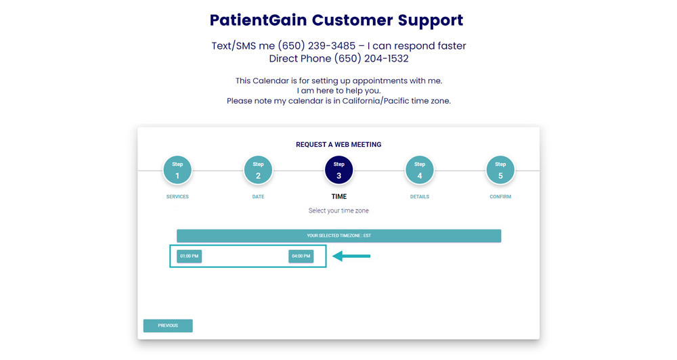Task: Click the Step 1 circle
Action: tap(177, 171)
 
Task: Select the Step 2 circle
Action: tap(258, 171)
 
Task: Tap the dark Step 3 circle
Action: tap(338, 171)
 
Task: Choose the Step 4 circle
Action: tap(420, 171)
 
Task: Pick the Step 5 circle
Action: tap(500, 171)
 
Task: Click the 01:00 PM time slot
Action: tap(190, 256)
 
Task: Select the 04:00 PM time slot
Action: tap(301, 256)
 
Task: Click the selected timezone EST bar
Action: tap(338, 235)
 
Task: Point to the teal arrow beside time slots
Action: tap(351, 256)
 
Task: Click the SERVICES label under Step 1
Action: tap(177, 197)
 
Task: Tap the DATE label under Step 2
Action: tap(258, 197)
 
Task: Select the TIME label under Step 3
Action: tap(338, 197)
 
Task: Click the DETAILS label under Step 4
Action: tap(420, 197)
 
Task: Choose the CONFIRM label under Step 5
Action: tap(500, 197)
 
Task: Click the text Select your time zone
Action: tap(338, 210)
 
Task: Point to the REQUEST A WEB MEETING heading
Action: tap(338, 145)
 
